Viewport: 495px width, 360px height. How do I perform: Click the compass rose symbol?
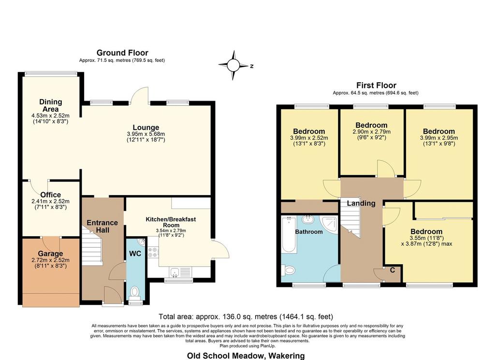pyautogui.click(x=233, y=65)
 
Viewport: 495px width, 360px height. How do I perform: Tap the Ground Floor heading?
pyautogui.click(x=122, y=53)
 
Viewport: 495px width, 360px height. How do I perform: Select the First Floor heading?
pyautogui.click(x=376, y=85)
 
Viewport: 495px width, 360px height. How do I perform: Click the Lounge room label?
pyautogui.click(x=146, y=128)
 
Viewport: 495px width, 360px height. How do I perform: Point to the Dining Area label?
pyautogui.click(x=50, y=105)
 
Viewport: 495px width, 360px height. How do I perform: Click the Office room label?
pyautogui.click(x=50, y=195)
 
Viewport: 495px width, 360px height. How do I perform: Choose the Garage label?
pyautogui.click(x=50, y=254)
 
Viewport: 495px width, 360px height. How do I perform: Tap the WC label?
pyautogui.click(x=135, y=254)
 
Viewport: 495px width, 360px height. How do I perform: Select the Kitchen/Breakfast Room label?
pyautogui.click(x=171, y=222)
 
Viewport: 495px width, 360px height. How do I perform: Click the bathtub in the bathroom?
pyautogui.click(x=289, y=234)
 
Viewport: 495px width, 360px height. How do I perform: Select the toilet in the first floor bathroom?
pyautogui.click(x=288, y=270)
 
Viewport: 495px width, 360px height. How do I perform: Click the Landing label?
pyautogui.click(x=361, y=203)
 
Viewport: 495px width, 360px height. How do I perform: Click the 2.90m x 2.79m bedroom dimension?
pyautogui.click(x=372, y=132)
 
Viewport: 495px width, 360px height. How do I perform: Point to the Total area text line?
pyautogui.click(x=246, y=316)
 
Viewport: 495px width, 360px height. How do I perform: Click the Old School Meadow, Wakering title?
pyautogui.click(x=246, y=356)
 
